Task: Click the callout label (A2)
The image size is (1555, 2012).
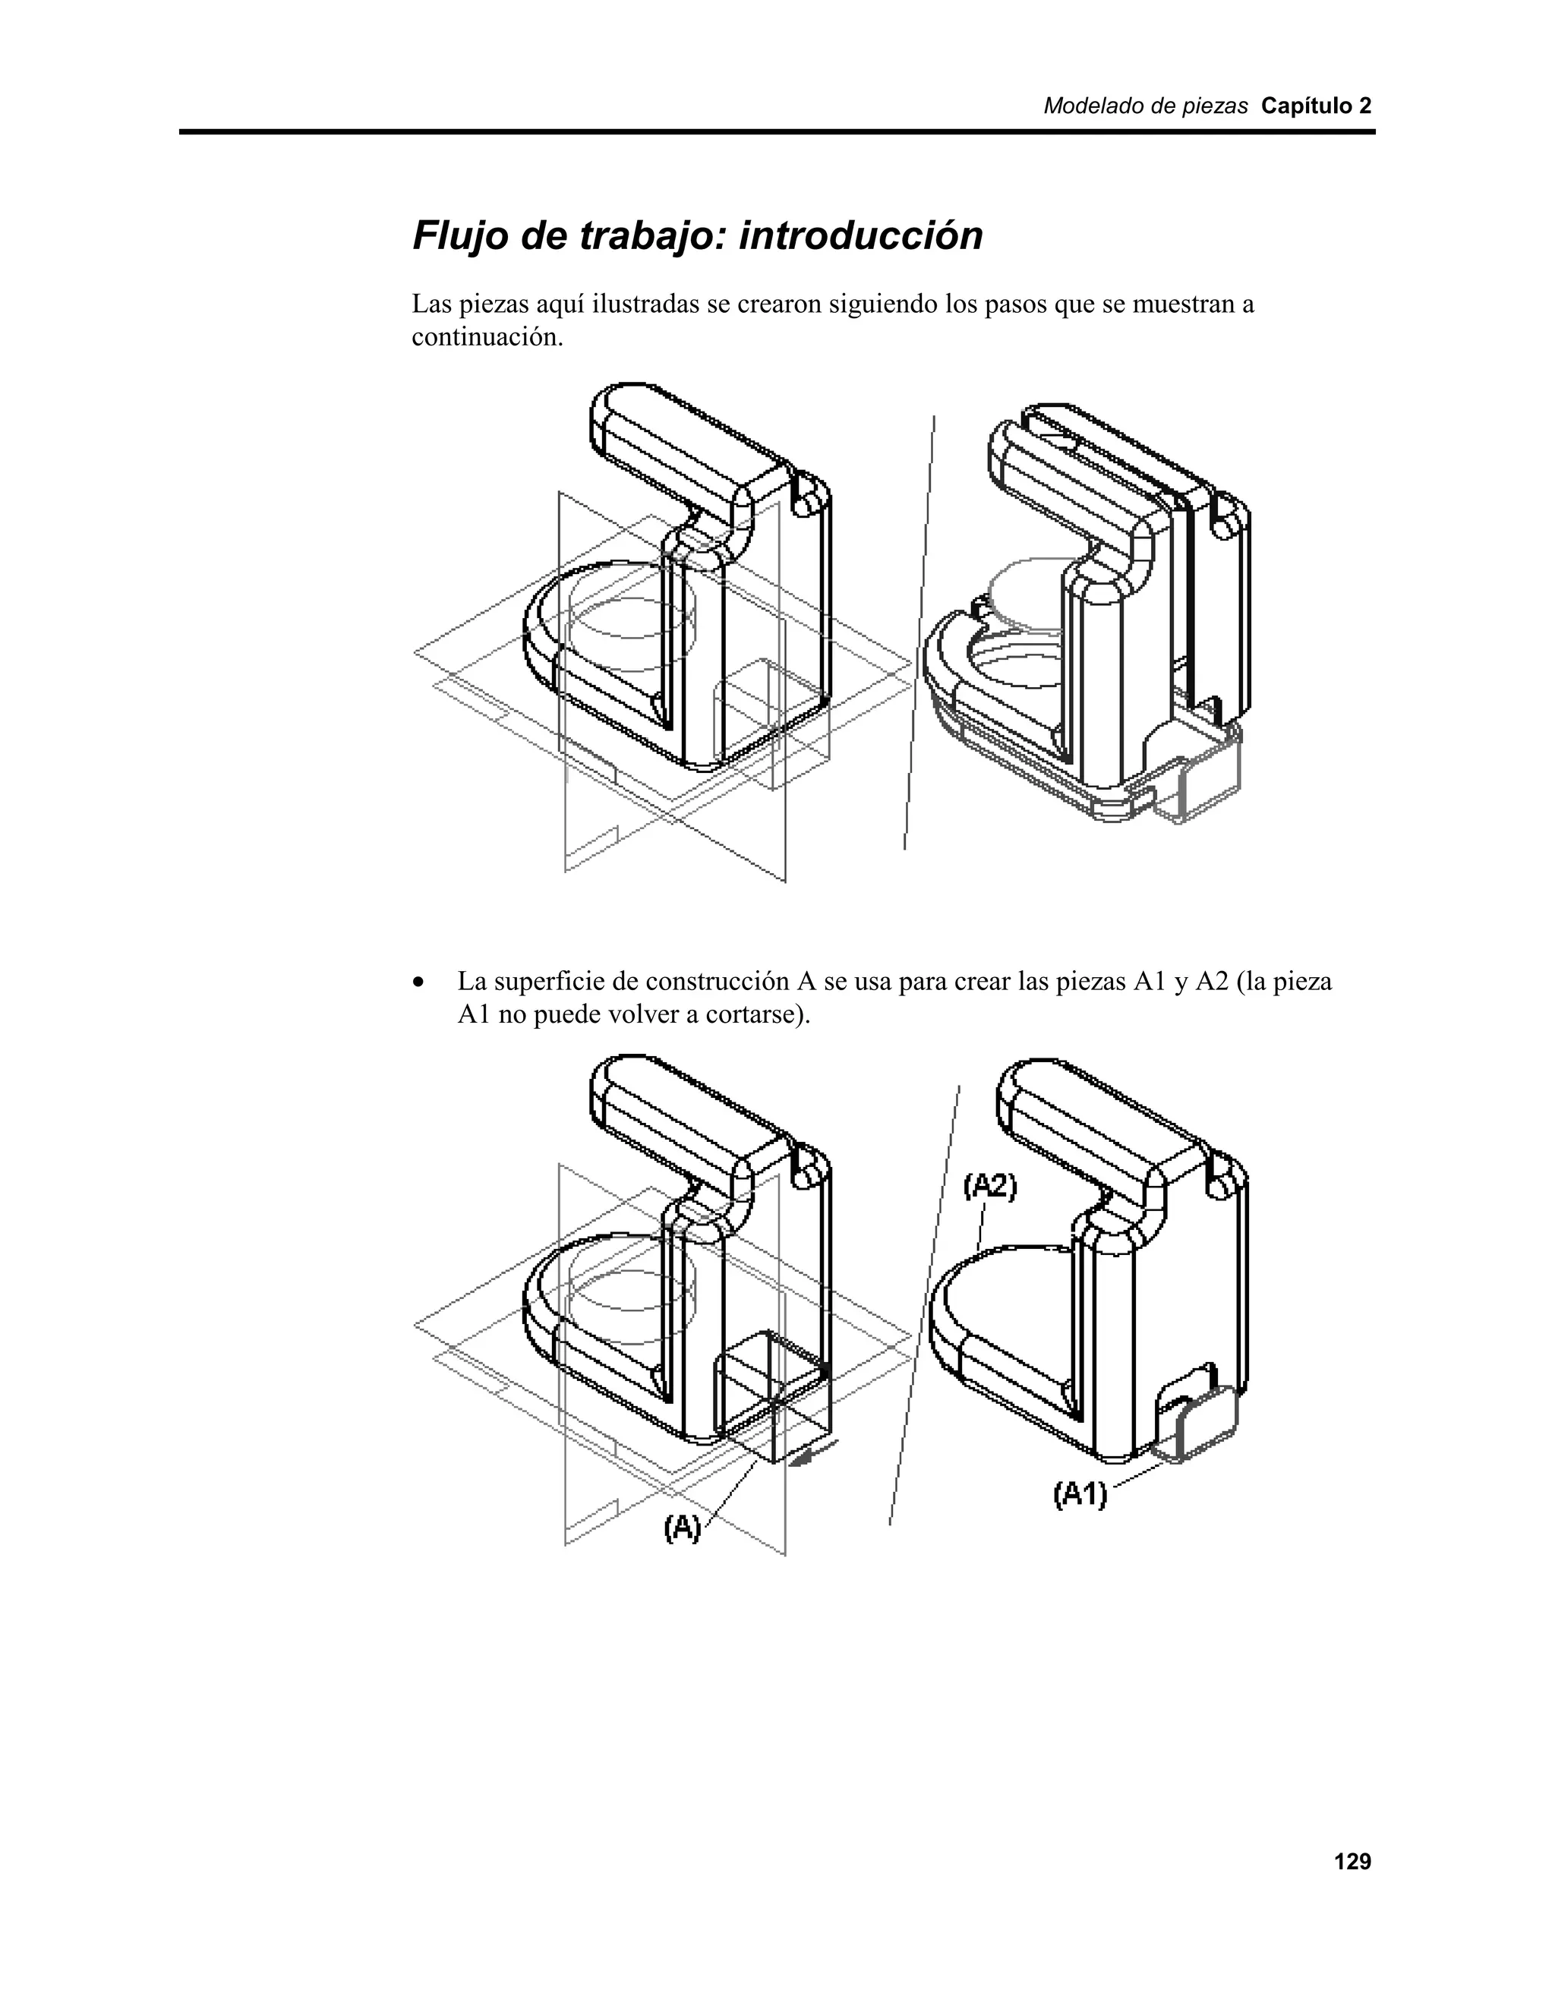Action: [x=990, y=1187]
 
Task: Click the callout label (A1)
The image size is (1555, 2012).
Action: [x=1080, y=1493]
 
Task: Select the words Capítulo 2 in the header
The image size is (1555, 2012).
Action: [x=1316, y=106]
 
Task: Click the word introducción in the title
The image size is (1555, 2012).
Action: [x=860, y=236]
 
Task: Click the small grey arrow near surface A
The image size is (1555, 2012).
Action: [x=816, y=1455]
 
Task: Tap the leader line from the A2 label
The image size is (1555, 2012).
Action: [x=982, y=1226]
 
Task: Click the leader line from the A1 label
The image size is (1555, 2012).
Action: [x=1137, y=1474]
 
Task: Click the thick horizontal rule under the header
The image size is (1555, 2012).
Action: [x=777, y=133]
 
